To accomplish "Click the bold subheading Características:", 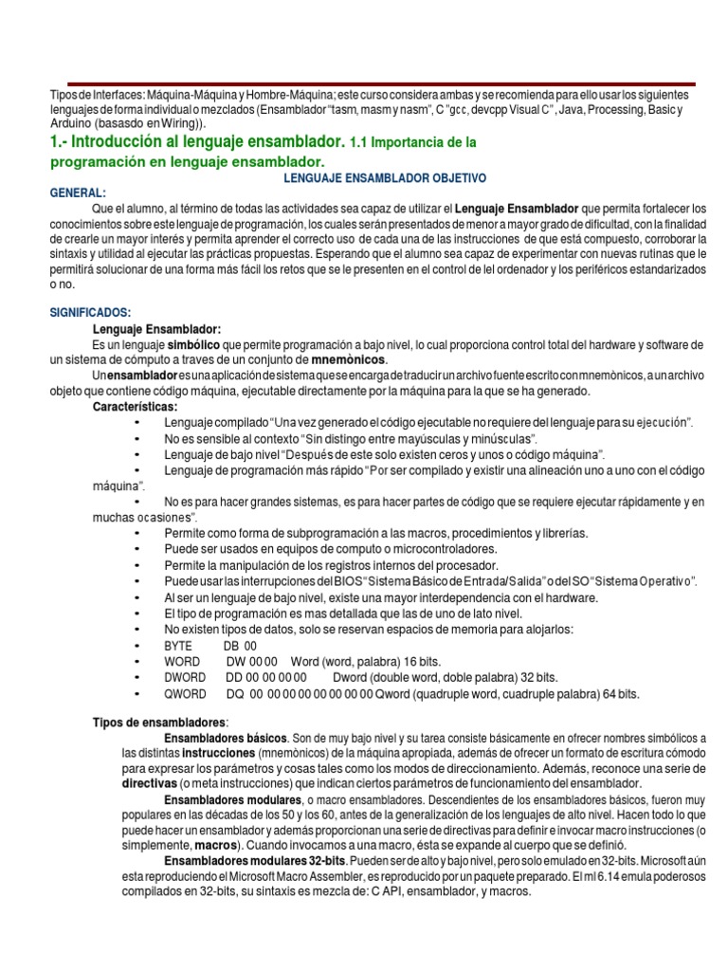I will pyautogui.click(x=135, y=406).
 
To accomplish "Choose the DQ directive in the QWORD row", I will pyautogui.click(x=232, y=693).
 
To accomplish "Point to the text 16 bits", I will pyautogui.click(x=416, y=661).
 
